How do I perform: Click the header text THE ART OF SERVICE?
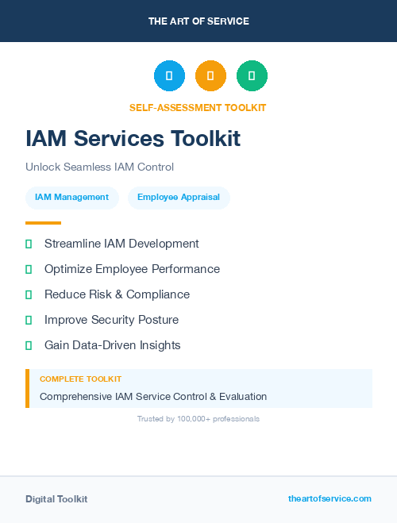pyautogui.click(x=198, y=21)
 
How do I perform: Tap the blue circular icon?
pyautogui.click(x=169, y=76)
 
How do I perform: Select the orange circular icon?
pyautogui.click(x=210, y=76)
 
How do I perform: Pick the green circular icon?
pyautogui.click(x=252, y=76)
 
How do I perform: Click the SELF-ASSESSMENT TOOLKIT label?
pyautogui.click(x=198, y=108)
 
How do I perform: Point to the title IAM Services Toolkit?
pyautogui.click(x=133, y=138)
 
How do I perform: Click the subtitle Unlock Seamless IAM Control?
pyautogui.click(x=99, y=167)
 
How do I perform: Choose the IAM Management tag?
pyautogui.click(x=71, y=198)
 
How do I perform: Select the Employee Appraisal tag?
pyautogui.click(x=179, y=198)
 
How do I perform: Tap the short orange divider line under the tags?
pyautogui.click(x=43, y=223)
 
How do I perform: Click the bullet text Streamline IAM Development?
pyautogui.click(x=121, y=244)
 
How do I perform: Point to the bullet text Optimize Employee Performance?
pyautogui.click(x=132, y=269)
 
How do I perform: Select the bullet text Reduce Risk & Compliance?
pyautogui.click(x=117, y=294)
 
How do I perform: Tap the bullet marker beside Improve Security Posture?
pyautogui.click(x=29, y=320)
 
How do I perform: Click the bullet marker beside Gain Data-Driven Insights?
pyautogui.click(x=29, y=345)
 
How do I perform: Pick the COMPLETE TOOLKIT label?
pyautogui.click(x=80, y=379)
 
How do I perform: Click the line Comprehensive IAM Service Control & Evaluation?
pyautogui.click(x=153, y=396)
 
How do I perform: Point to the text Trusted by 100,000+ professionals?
pyautogui.click(x=198, y=418)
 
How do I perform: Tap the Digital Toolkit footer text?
pyautogui.click(x=56, y=499)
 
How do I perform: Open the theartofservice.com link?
pyautogui.click(x=330, y=498)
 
